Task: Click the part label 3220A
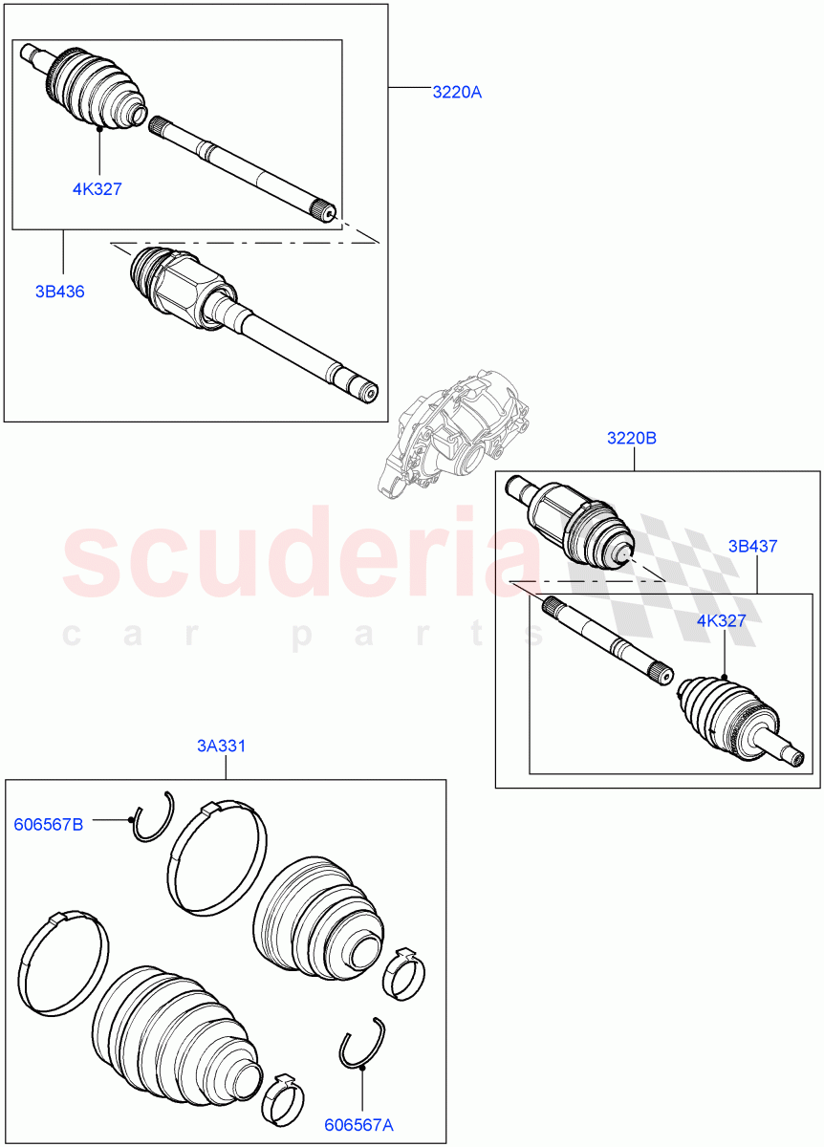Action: pyautogui.click(x=457, y=93)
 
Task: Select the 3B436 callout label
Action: pyautogui.click(x=59, y=292)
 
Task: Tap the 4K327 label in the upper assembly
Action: pyautogui.click(x=98, y=189)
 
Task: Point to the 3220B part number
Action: pyautogui.click(x=632, y=439)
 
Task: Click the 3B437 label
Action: pyautogui.click(x=752, y=547)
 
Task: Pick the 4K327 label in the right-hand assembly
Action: pyautogui.click(x=722, y=620)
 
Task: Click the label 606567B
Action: pyautogui.click(x=48, y=824)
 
